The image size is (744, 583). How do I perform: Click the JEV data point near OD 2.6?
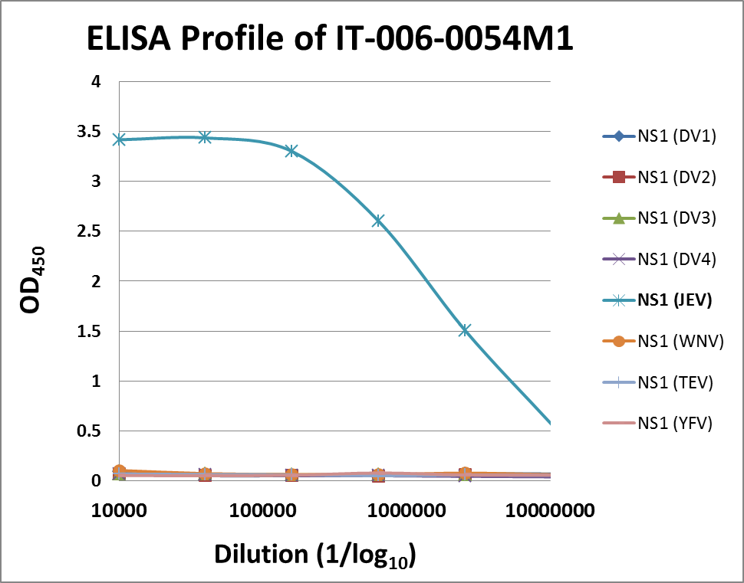(x=378, y=221)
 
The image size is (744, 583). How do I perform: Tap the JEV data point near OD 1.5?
(x=464, y=330)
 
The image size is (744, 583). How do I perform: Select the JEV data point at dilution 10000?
(x=119, y=139)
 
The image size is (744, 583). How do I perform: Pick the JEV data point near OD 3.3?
(x=291, y=151)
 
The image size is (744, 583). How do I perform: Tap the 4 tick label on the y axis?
(x=96, y=82)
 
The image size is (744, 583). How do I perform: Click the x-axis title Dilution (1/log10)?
(x=314, y=554)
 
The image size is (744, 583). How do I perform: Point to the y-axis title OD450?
(x=35, y=280)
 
